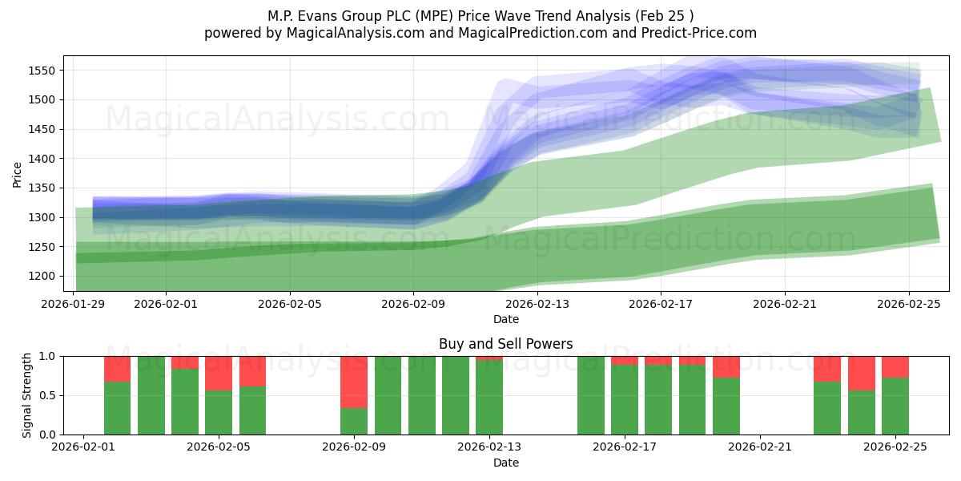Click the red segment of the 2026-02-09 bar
[354, 382]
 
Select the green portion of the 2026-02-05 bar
[219, 412]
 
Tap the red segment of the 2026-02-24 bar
[862, 373]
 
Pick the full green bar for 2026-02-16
[591, 395]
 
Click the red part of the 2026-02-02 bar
[117, 368]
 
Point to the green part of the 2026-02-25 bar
[895, 406]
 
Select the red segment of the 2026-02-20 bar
[726, 366]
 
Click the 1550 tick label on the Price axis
[42, 71]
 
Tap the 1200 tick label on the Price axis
[42, 277]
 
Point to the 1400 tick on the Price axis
[42, 159]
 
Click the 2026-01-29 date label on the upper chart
[74, 305]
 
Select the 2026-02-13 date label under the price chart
[537, 305]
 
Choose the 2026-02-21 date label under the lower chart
[759, 447]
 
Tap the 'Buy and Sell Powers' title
[505, 344]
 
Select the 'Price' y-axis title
[18, 174]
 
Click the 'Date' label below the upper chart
[505, 319]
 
